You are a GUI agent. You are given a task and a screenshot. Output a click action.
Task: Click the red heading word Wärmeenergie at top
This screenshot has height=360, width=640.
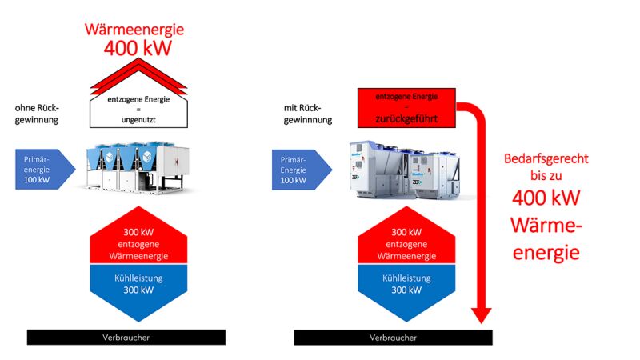tap(134, 30)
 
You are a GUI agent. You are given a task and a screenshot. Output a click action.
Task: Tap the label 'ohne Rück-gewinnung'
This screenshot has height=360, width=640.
tap(37, 114)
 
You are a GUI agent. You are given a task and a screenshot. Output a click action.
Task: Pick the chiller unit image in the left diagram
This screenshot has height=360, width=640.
tap(134, 166)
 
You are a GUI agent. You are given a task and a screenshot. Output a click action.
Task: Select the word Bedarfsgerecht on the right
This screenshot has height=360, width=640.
tap(546, 158)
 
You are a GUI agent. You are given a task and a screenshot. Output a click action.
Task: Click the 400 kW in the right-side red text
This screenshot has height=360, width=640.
tap(546, 197)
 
